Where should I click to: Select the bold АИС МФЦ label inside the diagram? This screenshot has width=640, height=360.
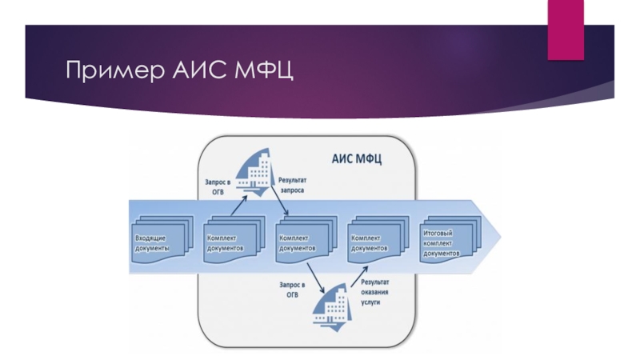[357, 158]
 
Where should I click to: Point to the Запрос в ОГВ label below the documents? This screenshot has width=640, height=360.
[293, 289]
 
